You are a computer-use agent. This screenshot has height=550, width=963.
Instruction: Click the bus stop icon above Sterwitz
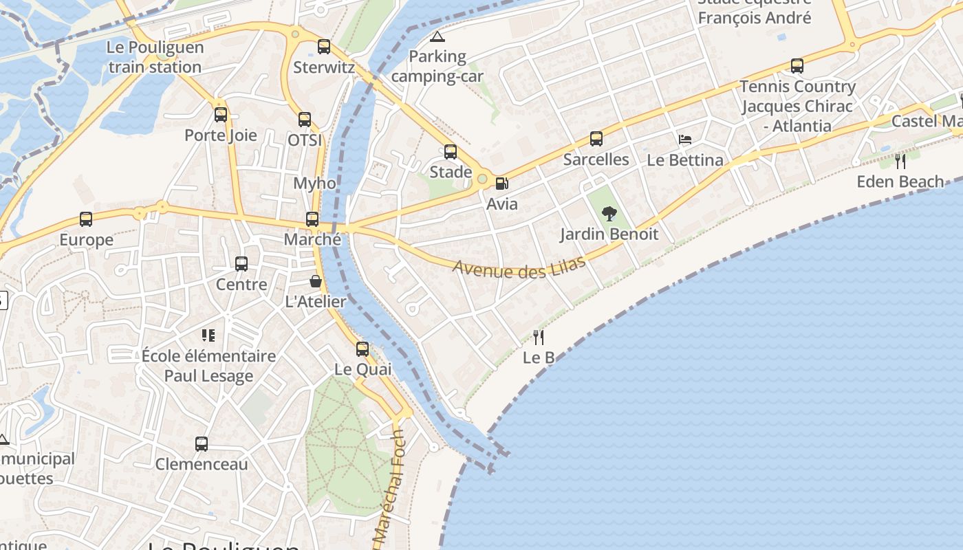pos(324,47)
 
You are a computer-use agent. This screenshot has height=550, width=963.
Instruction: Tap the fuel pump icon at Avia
pos(502,184)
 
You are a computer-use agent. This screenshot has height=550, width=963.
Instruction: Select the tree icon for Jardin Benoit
pos(609,214)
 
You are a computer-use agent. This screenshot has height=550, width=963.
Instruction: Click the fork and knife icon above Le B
pos(539,337)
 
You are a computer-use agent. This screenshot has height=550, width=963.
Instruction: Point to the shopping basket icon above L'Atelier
pos(315,281)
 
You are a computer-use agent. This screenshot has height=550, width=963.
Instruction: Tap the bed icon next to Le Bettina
pos(685,140)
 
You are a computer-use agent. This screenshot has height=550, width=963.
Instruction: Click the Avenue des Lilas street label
pos(519,267)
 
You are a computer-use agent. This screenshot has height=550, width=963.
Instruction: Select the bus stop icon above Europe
pos(86,219)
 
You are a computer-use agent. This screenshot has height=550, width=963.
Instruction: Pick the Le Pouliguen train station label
pos(155,57)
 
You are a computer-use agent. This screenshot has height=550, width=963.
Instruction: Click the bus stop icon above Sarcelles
pos(596,139)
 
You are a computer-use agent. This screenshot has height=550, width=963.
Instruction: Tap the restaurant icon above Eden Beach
pos(900,162)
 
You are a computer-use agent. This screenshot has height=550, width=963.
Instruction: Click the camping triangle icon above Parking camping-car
pos(437,36)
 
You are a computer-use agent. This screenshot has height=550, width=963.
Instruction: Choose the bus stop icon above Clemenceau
pos(202,444)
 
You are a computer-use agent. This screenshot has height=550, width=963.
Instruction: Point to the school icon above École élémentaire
pos(208,335)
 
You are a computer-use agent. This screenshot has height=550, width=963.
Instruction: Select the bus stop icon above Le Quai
pos(363,349)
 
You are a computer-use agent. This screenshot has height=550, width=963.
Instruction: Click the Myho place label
pos(315,184)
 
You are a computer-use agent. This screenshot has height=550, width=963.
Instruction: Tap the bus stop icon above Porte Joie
pos(221,115)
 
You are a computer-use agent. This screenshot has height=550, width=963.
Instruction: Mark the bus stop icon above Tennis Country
pos(797,66)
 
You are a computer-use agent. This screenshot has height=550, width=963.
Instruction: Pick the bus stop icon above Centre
pos(241,264)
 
